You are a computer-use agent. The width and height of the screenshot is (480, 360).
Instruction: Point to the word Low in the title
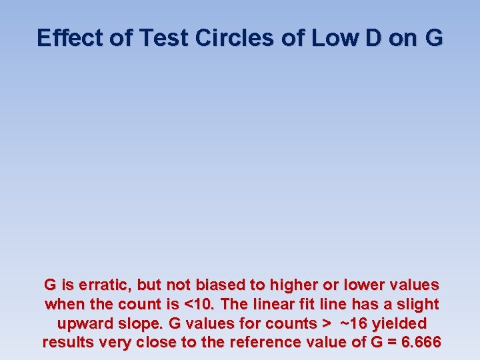[309, 38]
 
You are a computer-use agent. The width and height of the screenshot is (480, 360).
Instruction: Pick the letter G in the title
[432, 38]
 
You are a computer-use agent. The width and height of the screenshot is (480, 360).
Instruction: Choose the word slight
[415, 305]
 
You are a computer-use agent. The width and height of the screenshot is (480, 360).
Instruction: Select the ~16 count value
[353, 324]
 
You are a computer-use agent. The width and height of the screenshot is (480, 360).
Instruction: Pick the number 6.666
[419, 343]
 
